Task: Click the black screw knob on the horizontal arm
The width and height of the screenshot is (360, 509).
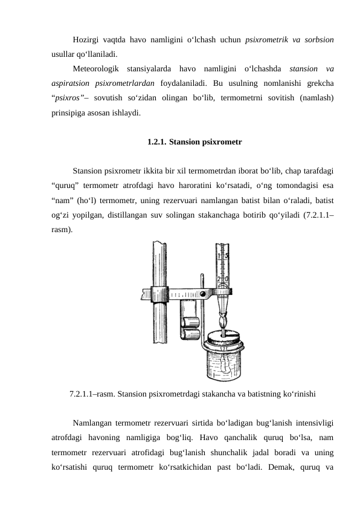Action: [x=203, y=294]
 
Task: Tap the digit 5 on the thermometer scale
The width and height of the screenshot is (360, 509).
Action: [x=227, y=256]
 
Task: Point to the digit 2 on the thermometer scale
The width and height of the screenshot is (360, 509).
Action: [x=219, y=279]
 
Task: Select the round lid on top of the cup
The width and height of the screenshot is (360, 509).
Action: [x=223, y=339]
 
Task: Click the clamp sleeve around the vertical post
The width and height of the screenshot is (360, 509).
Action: [x=159, y=294]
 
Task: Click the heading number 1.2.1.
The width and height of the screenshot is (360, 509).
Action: [x=157, y=142]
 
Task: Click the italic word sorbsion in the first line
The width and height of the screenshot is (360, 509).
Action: [x=319, y=40]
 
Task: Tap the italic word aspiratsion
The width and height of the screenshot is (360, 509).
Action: [x=71, y=83]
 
